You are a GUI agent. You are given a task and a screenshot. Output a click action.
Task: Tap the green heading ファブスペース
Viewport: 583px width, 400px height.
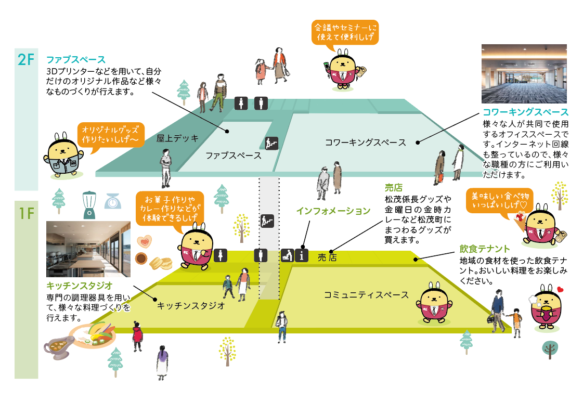[x=76, y=59]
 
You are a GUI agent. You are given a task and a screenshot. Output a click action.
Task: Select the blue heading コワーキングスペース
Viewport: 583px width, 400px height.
[x=525, y=112]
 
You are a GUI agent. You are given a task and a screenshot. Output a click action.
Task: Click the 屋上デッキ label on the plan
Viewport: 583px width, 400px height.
[x=178, y=138]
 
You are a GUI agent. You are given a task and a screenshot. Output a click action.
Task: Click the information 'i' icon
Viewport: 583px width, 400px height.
[x=302, y=255]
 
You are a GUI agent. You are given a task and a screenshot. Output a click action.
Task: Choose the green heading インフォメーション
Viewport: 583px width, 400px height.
[x=333, y=211]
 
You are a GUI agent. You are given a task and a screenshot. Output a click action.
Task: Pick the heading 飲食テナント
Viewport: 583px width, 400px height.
[x=485, y=249]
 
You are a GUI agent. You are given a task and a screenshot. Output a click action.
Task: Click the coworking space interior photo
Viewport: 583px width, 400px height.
[x=525, y=73]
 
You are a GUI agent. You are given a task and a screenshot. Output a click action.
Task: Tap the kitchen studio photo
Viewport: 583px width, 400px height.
[x=88, y=249]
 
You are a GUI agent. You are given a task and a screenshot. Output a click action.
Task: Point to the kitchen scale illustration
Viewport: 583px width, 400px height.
[x=112, y=201]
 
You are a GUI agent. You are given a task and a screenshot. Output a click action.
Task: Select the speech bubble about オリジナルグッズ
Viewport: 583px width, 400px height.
[x=110, y=136]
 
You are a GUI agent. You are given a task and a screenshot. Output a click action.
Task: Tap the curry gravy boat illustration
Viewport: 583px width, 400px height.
[x=58, y=347]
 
